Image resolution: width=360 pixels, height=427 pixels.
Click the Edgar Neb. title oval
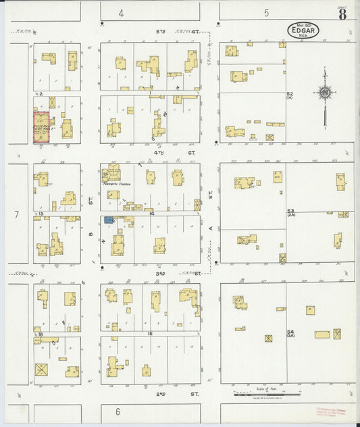(x=299, y=30)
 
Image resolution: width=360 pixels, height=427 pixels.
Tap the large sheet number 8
(x=343, y=14)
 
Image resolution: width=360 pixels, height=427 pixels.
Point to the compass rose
(x=326, y=93)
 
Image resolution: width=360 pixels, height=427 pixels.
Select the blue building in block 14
(x=108, y=220)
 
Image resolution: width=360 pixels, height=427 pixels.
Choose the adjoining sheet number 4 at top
(x=121, y=13)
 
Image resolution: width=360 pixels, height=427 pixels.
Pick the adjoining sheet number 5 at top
(x=266, y=13)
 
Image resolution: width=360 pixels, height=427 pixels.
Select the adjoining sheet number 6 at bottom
(x=117, y=411)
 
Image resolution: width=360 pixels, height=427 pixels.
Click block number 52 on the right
(x=290, y=95)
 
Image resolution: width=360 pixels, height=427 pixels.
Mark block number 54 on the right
(x=290, y=333)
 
